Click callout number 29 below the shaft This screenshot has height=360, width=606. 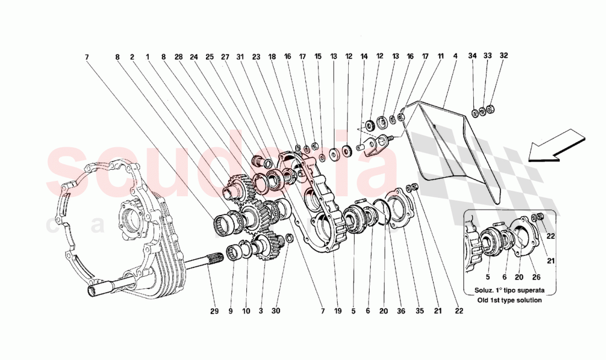tap(214, 311)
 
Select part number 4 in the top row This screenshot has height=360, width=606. tap(456, 56)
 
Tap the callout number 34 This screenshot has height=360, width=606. tap(473, 56)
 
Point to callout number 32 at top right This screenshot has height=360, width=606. tap(504, 56)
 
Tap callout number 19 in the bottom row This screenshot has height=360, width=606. tap(338, 311)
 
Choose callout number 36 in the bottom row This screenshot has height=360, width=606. tap(401, 311)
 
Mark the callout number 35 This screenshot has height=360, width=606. tap(419, 311)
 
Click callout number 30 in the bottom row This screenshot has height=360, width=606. tap(275, 311)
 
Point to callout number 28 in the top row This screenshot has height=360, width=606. tap(178, 56)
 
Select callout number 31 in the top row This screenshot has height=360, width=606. tap(240, 56)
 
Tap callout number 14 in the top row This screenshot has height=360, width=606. tap(364, 56)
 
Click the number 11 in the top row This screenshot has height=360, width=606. tap(441, 56)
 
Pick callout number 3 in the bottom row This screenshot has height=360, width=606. tap(261, 311)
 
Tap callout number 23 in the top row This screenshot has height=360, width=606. tap(256, 56)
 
